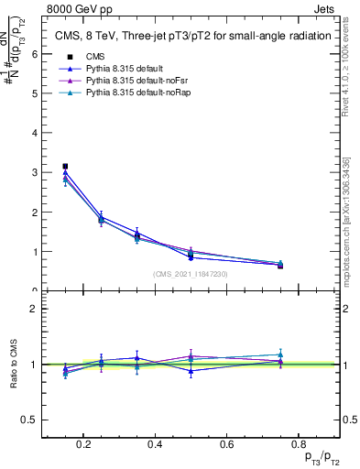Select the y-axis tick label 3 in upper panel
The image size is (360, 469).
tap(34, 172)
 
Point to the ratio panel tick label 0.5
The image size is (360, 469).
tap(30, 420)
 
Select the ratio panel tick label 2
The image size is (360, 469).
tap(34, 309)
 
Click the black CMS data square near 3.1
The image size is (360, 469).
tap(65, 167)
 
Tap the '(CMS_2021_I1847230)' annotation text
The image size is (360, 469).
tap(190, 274)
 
